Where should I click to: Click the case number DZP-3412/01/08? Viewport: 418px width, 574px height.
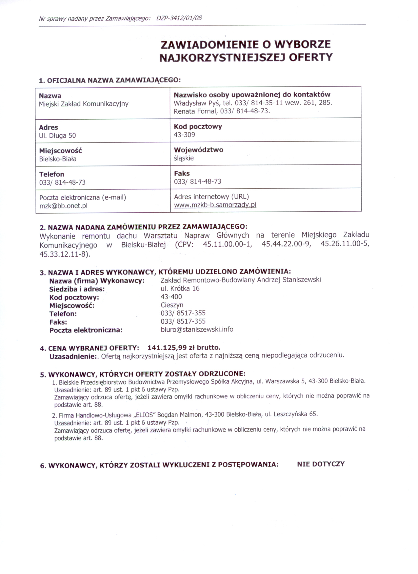179,18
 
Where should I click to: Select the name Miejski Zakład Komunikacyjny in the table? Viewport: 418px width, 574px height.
84,104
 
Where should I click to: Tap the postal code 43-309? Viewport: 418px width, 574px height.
184,135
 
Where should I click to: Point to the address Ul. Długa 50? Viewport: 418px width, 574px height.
57,136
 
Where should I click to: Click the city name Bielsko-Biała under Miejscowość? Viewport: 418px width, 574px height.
58,159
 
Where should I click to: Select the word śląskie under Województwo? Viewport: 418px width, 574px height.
184,158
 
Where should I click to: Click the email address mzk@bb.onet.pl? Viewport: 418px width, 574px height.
63,206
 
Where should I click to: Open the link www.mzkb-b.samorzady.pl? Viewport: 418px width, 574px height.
215,205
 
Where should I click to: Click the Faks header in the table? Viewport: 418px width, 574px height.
182,174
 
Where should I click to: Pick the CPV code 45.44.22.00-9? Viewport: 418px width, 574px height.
286,244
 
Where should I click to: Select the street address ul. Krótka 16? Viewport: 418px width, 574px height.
180,288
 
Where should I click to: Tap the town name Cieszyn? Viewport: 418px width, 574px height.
172,305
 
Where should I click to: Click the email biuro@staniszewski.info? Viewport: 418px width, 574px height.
197,329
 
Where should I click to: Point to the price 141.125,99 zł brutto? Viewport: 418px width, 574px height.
184,347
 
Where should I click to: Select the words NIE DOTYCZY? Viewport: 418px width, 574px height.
321,464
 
